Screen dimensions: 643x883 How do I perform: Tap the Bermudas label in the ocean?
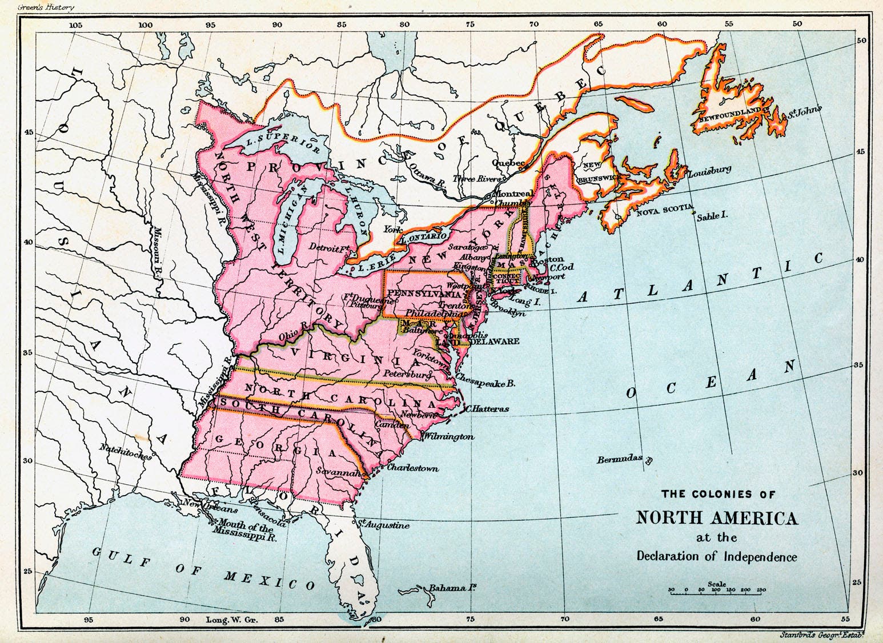click(620, 459)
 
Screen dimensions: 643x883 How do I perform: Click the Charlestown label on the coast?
click(412, 468)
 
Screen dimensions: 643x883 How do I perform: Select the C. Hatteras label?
click(487, 408)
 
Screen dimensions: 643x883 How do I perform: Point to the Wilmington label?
click(448, 437)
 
